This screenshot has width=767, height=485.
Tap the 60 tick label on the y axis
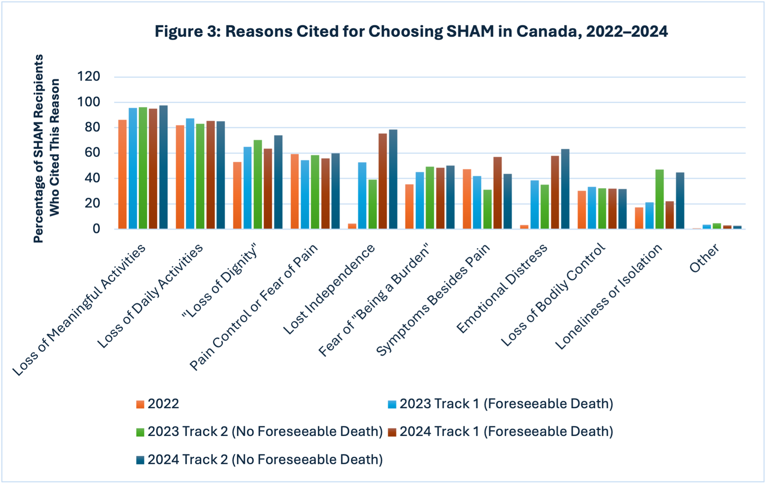93,153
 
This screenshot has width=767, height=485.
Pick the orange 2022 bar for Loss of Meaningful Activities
123,174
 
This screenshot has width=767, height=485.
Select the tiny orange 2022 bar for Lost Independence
352,226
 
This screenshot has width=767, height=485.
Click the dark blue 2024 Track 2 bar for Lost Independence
393,179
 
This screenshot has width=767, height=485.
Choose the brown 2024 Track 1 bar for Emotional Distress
555,192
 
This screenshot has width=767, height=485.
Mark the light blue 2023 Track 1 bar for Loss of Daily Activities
190,174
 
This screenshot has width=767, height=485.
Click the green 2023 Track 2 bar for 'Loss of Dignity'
257,185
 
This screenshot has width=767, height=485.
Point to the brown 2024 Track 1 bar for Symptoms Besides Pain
497,193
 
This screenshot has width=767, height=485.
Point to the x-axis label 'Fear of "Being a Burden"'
374,300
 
